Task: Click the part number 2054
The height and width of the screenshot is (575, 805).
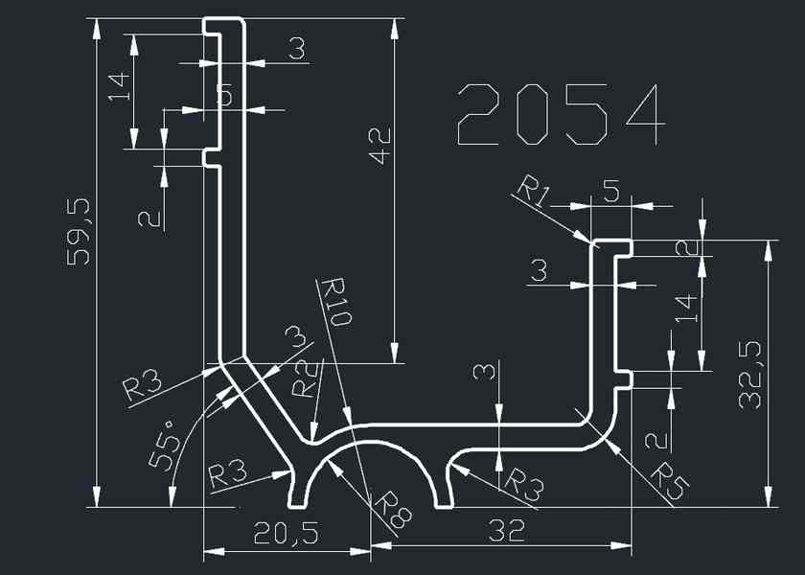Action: point(561,115)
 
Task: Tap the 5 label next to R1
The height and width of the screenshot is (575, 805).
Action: point(610,191)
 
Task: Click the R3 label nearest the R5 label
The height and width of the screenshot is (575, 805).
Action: point(522,484)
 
